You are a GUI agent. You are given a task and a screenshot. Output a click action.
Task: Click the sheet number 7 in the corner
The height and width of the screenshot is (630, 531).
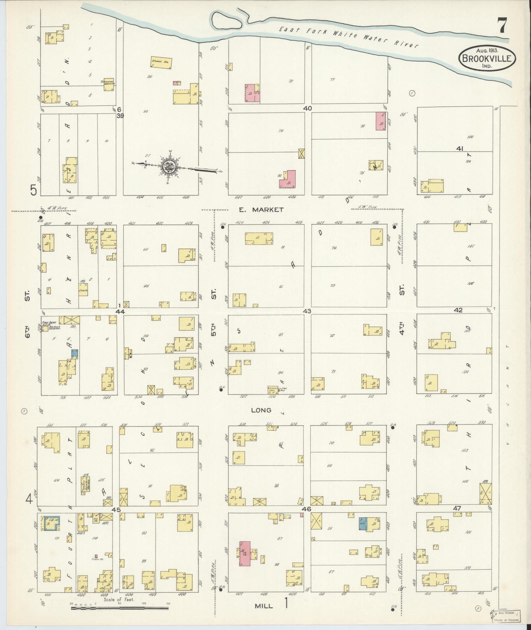pos(502,25)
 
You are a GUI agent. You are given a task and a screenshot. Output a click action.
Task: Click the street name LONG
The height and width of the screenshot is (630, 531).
pos(261,410)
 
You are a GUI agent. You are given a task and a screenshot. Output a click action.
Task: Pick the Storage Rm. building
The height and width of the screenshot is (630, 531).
pos(162,62)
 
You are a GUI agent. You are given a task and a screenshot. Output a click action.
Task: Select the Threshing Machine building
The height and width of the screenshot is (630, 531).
pos(109,85)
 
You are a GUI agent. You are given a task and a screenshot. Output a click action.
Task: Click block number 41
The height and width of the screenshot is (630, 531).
pos(460,149)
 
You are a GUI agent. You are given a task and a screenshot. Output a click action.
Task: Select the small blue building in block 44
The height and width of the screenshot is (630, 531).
pos(75,354)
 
